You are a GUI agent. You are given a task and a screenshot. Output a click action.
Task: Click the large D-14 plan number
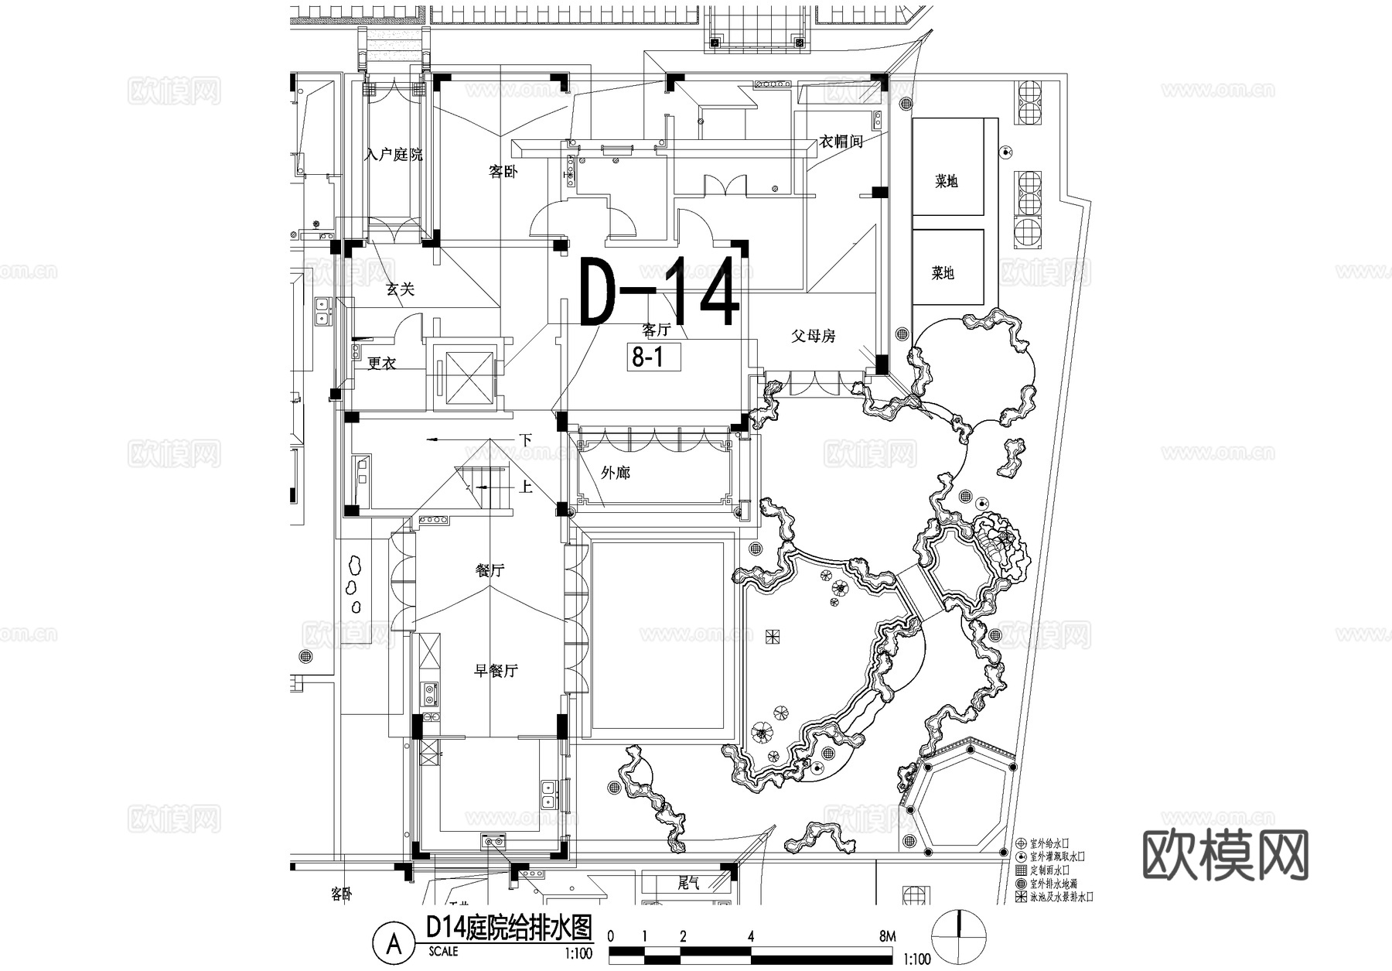pyautogui.click(x=659, y=293)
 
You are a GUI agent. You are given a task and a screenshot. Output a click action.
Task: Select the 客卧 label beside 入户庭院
pyautogui.click(x=503, y=172)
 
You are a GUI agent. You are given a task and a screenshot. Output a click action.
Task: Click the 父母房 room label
pyautogui.click(x=814, y=336)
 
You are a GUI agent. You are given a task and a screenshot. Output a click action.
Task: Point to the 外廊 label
pyautogui.click(x=616, y=472)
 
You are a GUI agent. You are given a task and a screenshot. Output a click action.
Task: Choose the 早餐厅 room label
pyautogui.click(x=496, y=671)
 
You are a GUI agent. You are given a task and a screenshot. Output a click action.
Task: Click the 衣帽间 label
pyautogui.click(x=841, y=142)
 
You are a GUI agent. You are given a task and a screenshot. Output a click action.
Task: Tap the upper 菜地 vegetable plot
pyautogui.click(x=947, y=181)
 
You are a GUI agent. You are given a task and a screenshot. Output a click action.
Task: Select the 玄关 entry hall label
pyautogui.click(x=401, y=289)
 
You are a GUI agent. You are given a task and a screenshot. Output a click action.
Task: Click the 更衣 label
pyautogui.click(x=382, y=363)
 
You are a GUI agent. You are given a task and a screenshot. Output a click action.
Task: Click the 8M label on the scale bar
pyautogui.click(x=887, y=935)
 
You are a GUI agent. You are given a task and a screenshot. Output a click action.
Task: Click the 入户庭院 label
pyautogui.click(x=394, y=155)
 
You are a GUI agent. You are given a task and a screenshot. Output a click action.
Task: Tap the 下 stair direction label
pyautogui.click(x=526, y=439)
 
